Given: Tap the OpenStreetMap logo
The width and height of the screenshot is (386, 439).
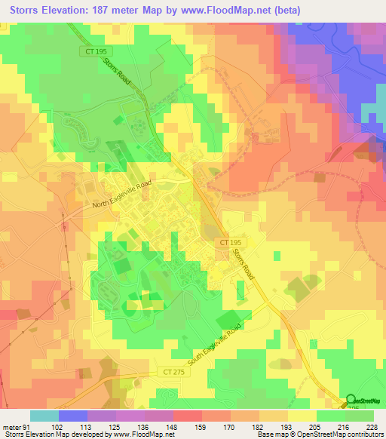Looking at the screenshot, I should tap(363, 402).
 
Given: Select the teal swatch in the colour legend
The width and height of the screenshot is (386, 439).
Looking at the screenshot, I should tap(44, 416).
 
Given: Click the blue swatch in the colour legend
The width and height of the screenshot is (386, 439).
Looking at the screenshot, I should tap(73, 416).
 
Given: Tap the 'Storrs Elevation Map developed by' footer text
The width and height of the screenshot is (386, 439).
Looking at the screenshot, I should tap(55, 434).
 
